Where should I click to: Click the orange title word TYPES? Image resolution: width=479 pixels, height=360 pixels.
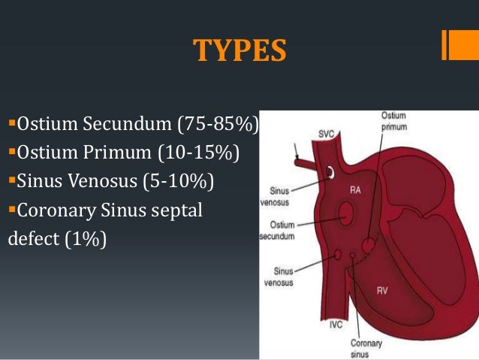(x=239, y=50)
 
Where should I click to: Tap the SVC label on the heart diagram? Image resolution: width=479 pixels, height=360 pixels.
(x=325, y=134)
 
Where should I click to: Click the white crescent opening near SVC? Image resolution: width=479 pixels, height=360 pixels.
(x=330, y=174)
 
